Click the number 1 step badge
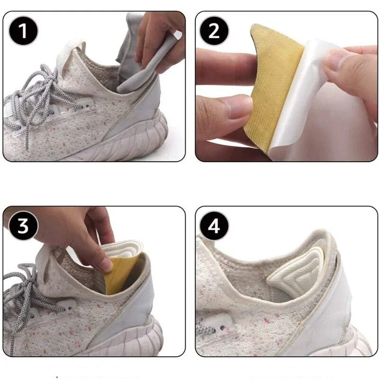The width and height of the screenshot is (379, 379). pyautogui.click(x=23, y=31)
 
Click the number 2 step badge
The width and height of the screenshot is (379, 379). pyautogui.click(x=214, y=31)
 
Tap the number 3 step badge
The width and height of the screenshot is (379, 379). pyautogui.click(x=23, y=226)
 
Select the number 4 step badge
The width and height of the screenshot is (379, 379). pyautogui.click(x=214, y=226)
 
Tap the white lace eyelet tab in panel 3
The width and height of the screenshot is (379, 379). pyautogui.click(x=66, y=306)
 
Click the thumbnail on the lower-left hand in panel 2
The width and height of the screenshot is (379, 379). pyautogui.click(x=239, y=106)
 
